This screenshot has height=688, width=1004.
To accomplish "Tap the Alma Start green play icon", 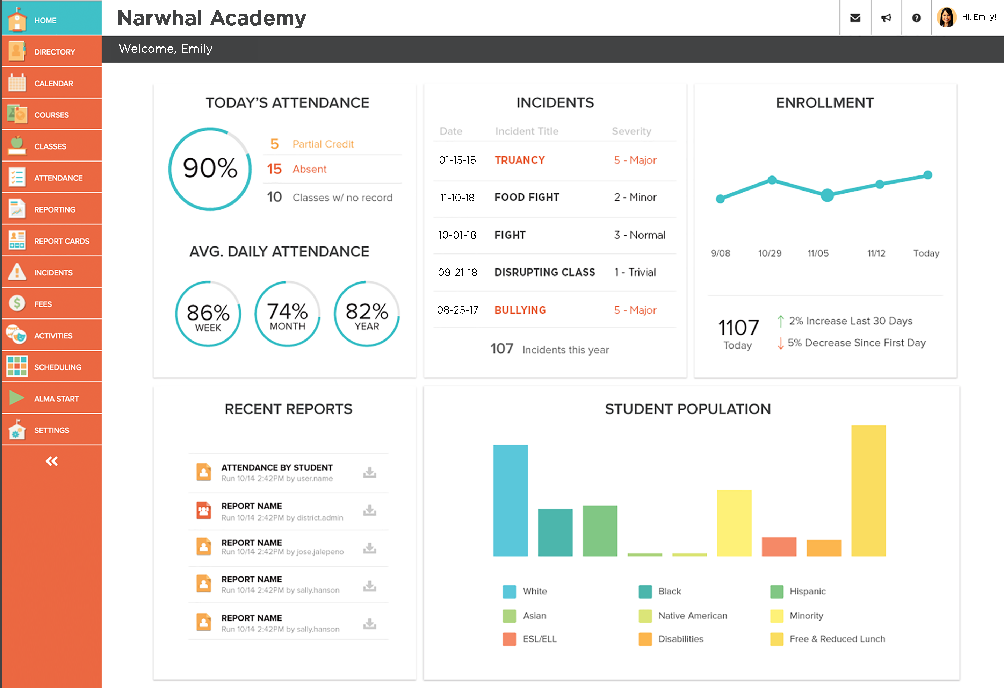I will point(16,397).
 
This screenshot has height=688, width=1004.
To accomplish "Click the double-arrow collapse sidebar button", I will point(51,461).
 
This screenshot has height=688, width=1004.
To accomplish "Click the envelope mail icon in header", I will point(855,18).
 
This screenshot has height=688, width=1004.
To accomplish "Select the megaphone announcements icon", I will point(886,18).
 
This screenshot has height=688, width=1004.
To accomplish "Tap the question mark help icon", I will point(916,18).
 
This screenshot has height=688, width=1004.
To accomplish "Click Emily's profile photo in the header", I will point(946,17).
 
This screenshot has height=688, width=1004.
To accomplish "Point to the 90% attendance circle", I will point(210,169).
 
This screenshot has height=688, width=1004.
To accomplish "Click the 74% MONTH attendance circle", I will point(287,314).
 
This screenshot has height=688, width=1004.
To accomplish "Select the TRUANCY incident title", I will point(520,160).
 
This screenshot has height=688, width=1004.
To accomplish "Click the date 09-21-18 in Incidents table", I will point(457,273).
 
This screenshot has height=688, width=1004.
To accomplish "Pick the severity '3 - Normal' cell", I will point(640,235).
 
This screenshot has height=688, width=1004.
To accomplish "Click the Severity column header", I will point(631,131).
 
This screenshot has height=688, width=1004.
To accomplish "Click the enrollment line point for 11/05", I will point(827,195).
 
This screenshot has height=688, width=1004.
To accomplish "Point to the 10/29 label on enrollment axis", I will point(770,253).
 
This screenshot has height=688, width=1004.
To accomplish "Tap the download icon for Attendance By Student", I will point(369,472).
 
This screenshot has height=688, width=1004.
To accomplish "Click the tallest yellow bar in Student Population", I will point(868,490).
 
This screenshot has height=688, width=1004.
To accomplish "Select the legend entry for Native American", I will point(692,616).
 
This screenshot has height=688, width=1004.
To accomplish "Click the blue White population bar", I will point(510,500).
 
